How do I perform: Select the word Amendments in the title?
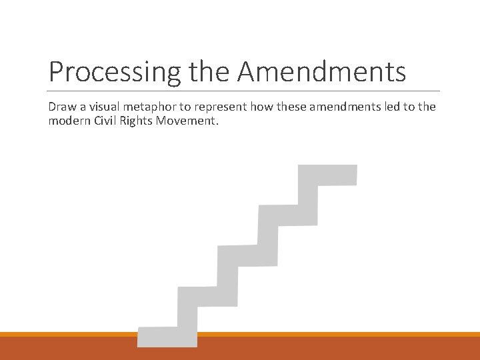[x=321, y=71]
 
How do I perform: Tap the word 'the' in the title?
[x=208, y=71]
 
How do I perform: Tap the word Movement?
[x=191, y=121]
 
